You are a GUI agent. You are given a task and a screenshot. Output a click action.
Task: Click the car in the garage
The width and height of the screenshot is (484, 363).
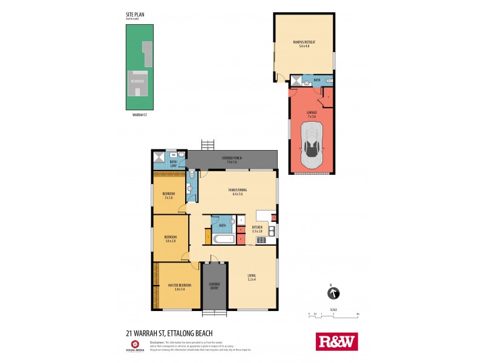(x=312, y=145)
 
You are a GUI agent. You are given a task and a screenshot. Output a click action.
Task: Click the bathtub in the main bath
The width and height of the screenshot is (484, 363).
(x=222, y=239)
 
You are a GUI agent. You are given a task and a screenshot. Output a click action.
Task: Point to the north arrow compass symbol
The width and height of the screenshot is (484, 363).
(x=333, y=293)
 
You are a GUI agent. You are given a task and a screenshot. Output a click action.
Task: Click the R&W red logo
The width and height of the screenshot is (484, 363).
(x=337, y=342)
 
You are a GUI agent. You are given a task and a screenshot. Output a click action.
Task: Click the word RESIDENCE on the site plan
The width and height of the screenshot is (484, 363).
(x=138, y=80)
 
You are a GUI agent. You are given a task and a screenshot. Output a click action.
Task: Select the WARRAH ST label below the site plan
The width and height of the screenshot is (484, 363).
(x=139, y=114)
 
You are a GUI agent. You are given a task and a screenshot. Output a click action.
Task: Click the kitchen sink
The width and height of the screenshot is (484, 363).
(x=273, y=231)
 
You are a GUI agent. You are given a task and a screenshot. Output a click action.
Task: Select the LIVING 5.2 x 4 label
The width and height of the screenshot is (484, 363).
(x=252, y=277)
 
